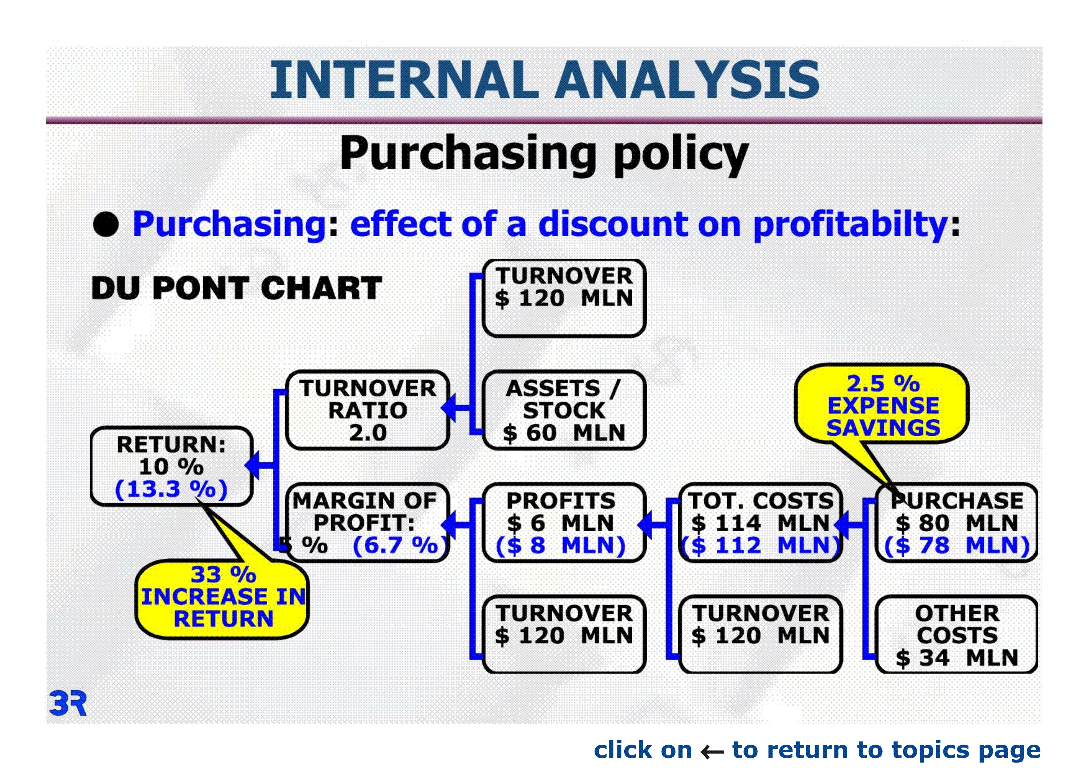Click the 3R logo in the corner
tap(68, 704)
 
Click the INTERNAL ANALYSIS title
tap(544, 80)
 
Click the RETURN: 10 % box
tap(172, 466)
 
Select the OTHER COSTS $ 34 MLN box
tap(957, 634)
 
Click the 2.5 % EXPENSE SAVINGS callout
tap(882, 404)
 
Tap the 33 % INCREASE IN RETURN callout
tap(223, 599)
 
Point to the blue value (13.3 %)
tap(172, 489)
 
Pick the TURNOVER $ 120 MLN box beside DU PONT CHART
tap(564, 298)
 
